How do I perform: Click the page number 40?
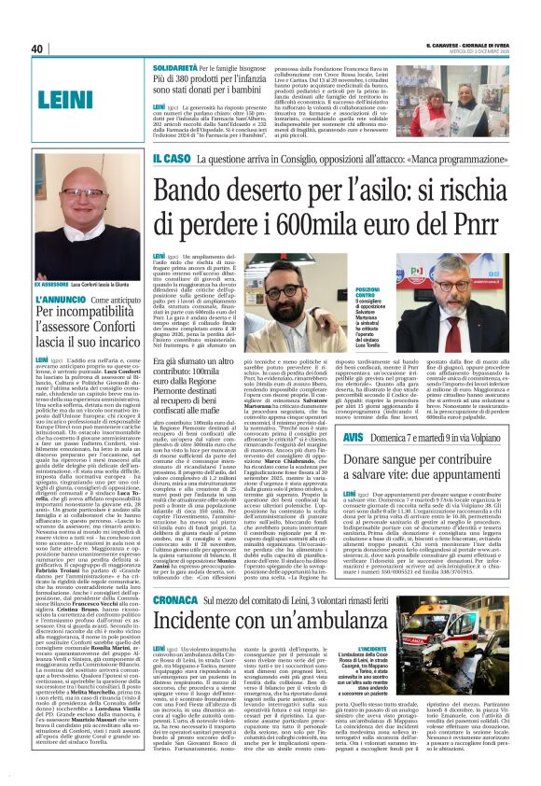click(37, 49)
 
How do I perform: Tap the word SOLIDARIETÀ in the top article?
click(179, 69)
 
